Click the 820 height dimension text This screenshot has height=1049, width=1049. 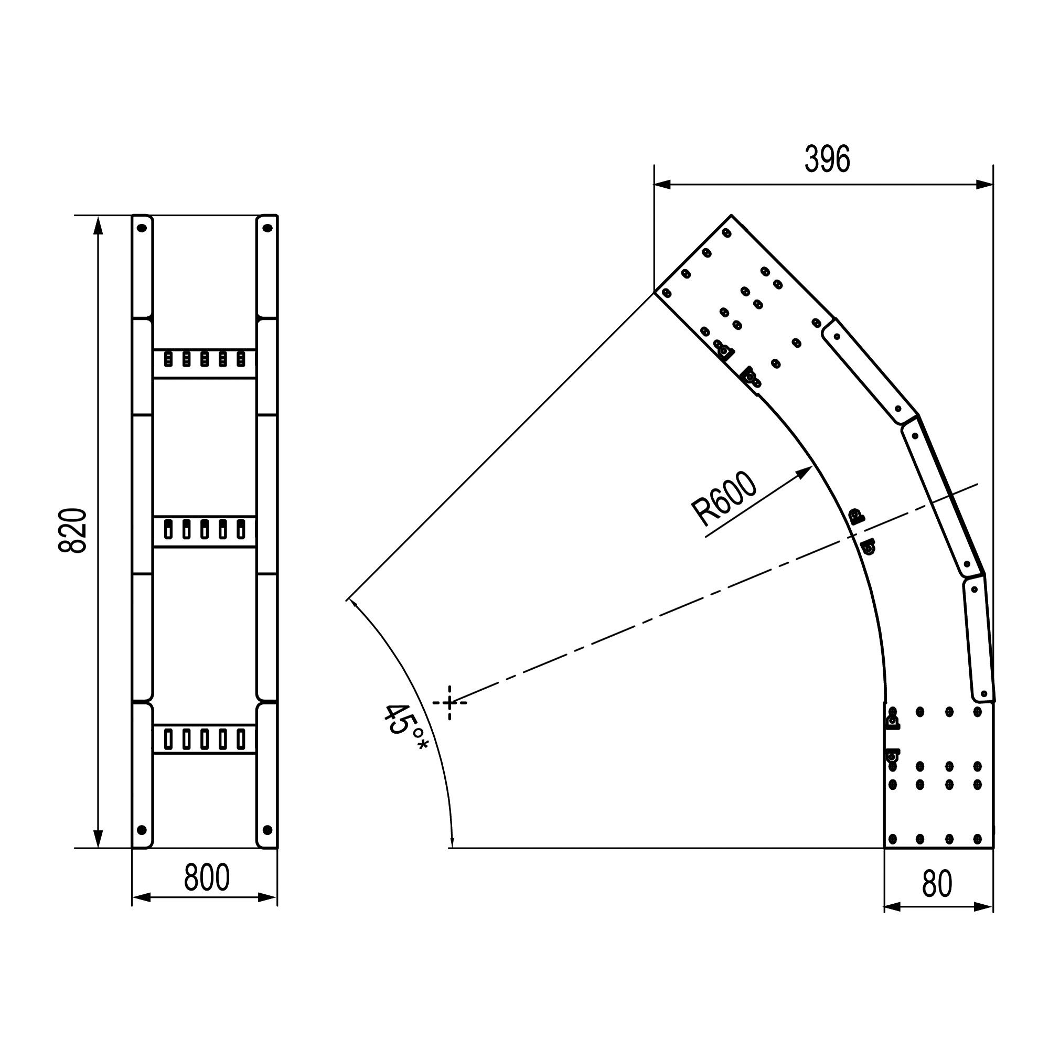coord(73,530)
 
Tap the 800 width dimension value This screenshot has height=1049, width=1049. coord(207,877)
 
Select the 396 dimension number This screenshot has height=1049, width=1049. coord(827,159)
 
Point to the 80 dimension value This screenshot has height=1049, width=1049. coord(937,884)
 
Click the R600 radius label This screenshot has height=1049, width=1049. coord(724,499)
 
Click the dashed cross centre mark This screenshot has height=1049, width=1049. coord(449,703)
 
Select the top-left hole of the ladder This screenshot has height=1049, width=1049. coord(142,228)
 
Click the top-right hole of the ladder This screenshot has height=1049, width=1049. coord(267,228)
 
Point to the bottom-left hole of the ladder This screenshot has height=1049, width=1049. coord(142,830)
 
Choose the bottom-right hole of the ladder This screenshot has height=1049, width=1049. coord(267,830)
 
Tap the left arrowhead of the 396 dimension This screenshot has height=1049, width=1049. coord(662,185)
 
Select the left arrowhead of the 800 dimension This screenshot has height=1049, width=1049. coord(141,897)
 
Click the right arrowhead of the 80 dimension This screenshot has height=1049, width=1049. coord(984,907)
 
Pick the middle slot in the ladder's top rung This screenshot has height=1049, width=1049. coord(205,359)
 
